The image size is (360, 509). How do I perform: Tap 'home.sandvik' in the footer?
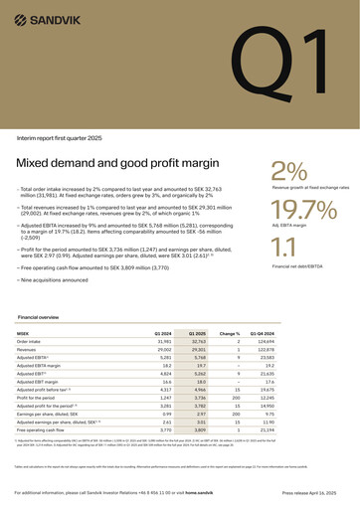click(x=227, y=493)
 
